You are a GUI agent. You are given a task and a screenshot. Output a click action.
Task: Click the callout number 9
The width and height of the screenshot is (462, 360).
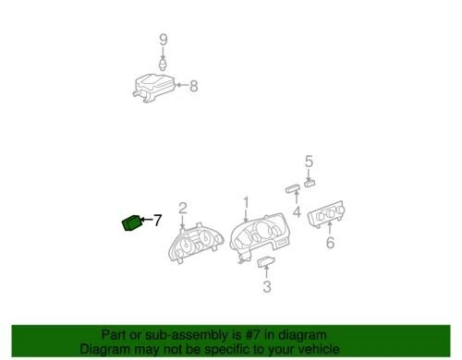click(x=163, y=39)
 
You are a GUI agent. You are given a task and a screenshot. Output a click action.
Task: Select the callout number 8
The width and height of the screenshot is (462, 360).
click(x=193, y=87)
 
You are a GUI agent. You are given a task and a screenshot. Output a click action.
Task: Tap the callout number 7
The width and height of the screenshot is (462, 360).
click(x=157, y=220)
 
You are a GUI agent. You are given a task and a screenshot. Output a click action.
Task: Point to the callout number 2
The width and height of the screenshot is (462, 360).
click(x=183, y=208)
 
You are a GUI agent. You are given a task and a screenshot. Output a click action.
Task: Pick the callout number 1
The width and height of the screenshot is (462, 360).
click(x=246, y=202)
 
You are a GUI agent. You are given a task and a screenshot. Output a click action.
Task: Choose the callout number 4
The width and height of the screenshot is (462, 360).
click(x=297, y=211)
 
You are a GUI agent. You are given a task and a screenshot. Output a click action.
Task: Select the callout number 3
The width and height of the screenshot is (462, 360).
click(x=266, y=288)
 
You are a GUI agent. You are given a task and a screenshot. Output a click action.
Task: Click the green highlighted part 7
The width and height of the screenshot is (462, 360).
click(x=131, y=222)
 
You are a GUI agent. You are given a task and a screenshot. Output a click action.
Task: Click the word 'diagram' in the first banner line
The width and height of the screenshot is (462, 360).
click(x=297, y=334)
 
